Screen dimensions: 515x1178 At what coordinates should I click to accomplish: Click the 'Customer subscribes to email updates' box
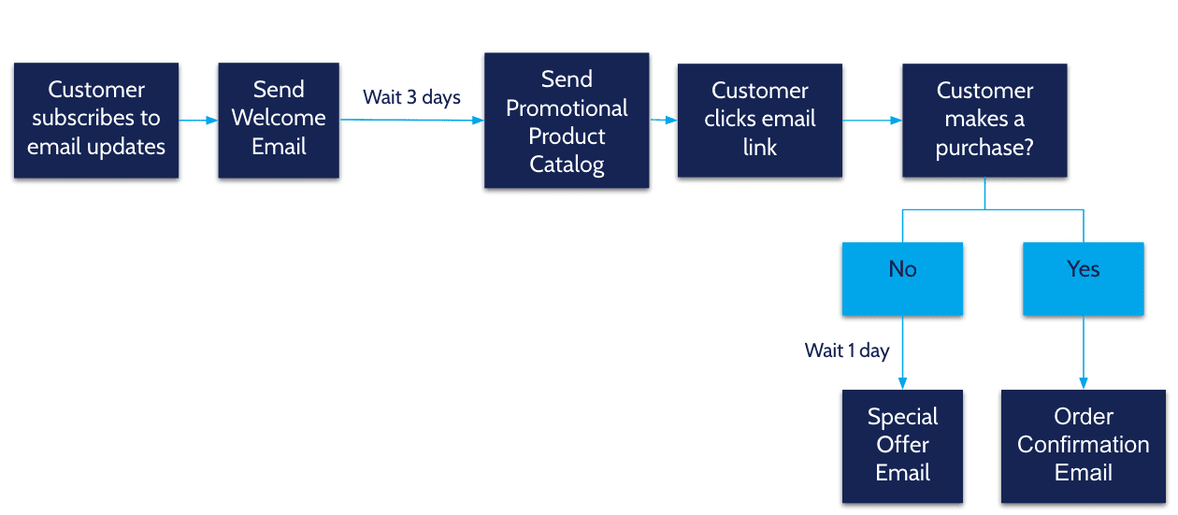96,120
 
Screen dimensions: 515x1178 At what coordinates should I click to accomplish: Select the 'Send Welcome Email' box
279,120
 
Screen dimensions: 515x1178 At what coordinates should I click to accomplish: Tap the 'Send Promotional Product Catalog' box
567,121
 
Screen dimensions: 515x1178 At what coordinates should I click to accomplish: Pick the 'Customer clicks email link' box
759,120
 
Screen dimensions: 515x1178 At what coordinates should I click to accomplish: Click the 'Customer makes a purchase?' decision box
984,120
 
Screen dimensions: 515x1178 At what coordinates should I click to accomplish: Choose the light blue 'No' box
902,279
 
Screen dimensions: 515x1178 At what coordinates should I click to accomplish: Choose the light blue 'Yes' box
1083,279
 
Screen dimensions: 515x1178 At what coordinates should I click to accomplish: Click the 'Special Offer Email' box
902,446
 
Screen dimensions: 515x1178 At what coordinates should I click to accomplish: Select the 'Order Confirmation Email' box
1083,446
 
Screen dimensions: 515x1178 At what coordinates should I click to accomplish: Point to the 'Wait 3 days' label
411,98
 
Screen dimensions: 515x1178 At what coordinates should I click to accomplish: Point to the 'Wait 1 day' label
847,350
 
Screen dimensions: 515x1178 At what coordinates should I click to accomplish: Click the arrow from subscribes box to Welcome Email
198,121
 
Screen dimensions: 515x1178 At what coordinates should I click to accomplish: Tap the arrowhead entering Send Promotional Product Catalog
478,121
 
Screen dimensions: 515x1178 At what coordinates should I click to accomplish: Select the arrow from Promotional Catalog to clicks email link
663,121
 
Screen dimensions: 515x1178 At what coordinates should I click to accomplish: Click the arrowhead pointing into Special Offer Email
902,383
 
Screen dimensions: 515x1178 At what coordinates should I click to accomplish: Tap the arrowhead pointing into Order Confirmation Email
1084,383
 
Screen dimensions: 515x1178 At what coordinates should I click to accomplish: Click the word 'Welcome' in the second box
279,118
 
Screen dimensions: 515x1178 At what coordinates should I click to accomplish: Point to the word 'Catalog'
567,165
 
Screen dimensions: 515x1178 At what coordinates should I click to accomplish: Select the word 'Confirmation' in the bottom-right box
1083,445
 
